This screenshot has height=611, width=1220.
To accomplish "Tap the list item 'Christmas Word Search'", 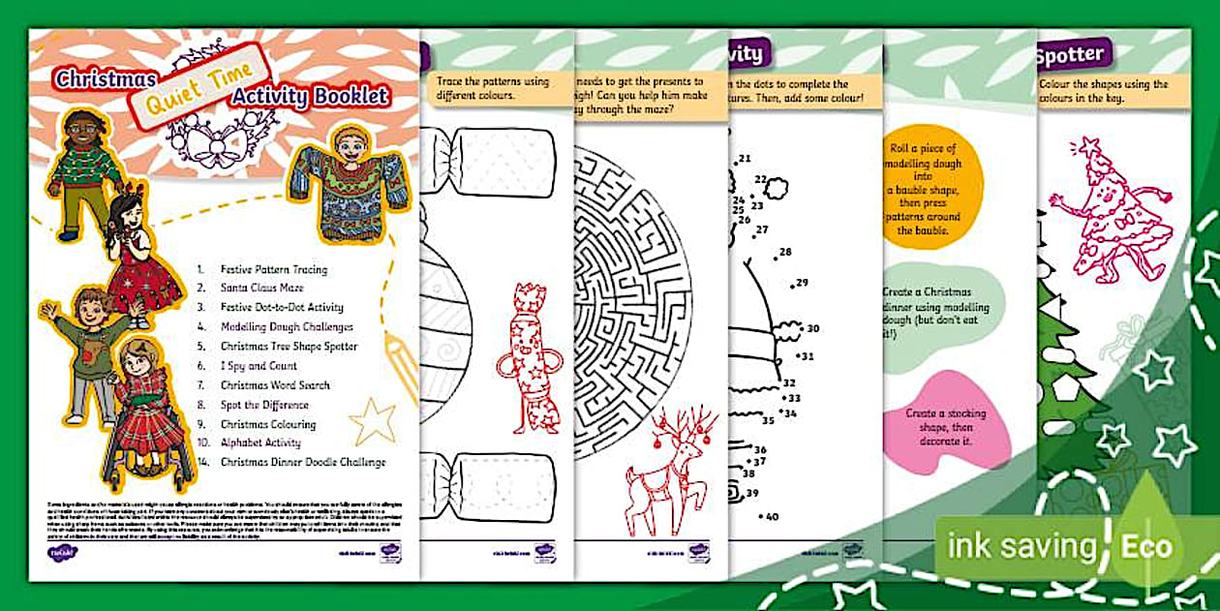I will click(x=275, y=385).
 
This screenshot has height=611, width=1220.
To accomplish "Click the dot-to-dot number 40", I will click(x=772, y=517).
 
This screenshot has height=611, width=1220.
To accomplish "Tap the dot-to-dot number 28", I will click(x=784, y=252).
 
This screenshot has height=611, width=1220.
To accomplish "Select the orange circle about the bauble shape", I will click(x=929, y=189).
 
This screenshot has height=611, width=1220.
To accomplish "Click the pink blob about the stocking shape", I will click(x=949, y=426).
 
